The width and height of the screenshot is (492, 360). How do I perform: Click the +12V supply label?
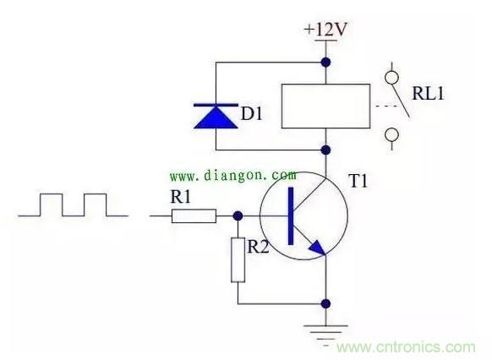(325, 30)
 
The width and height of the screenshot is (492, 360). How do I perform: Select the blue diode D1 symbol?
(216, 116)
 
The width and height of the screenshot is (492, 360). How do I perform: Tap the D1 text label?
(252, 113)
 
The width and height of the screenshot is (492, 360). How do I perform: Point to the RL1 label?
(429, 94)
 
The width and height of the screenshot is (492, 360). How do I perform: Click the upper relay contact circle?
(391, 78)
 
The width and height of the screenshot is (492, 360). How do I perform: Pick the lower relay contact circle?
(391, 135)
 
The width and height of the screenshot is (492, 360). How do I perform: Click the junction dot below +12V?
(326, 63)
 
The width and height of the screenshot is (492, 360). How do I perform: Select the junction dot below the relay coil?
(326, 150)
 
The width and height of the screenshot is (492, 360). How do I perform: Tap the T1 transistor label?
(358, 181)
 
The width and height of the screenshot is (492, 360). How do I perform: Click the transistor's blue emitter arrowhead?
(318, 248)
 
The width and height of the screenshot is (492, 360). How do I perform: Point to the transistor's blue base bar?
(291, 215)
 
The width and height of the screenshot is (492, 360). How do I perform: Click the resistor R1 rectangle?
(194, 216)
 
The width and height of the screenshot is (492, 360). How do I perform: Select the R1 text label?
(180, 197)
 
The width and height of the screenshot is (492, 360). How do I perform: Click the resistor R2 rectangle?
(238, 260)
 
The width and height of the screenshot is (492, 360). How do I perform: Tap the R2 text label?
(258, 247)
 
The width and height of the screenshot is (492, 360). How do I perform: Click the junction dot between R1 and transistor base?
(238, 215)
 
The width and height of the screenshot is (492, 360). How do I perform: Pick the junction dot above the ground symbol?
(326, 303)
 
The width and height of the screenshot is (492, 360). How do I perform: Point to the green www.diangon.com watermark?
(232, 175)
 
